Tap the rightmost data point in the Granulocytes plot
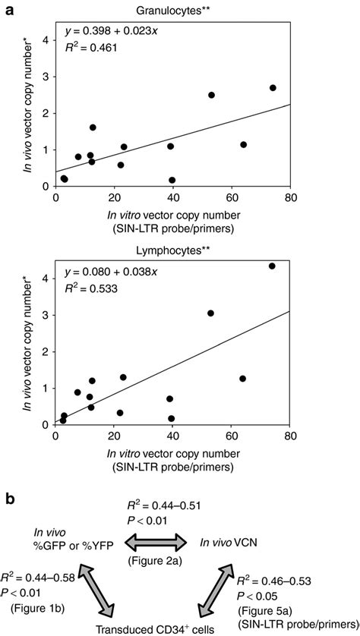(x=273, y=88)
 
